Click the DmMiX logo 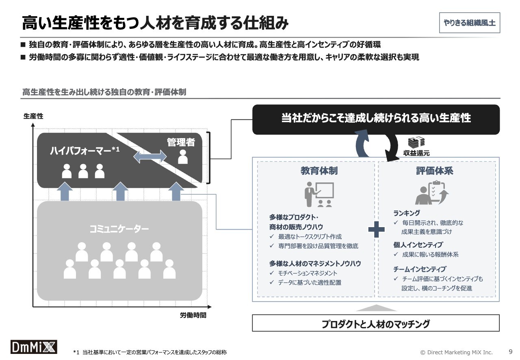(x=34, y=347)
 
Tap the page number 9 (x=511, y=351)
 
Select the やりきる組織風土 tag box (x=470, y=23)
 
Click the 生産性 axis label (x=33, y=116)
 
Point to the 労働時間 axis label (x=193, y=315)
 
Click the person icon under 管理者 (x=183, y=157)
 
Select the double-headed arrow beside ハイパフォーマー (x=150, y=156)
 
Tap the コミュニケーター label (x=119, y=229)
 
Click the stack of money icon (x=416, y=142)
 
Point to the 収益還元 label (x=416, y=153)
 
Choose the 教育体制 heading (x=319, y=171)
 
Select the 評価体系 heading (x=435, y=171)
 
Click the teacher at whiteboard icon (x=319, y=195)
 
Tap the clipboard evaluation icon (x=432, y=193)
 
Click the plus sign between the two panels (x=376, y=230)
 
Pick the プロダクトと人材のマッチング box (x=376, y=323)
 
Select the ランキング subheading (x=407, y=213)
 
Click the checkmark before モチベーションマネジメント (x=272, y=273)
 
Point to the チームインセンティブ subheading (x=420, y=269)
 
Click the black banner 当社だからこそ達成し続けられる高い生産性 (x=376, y=119)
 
